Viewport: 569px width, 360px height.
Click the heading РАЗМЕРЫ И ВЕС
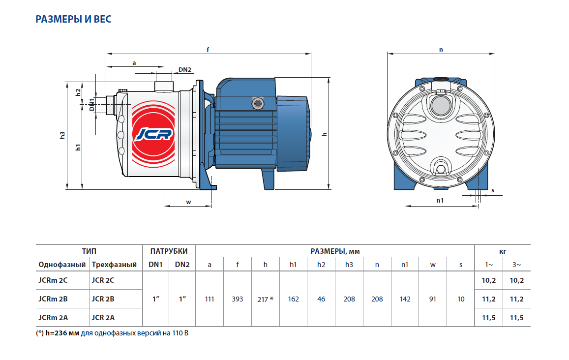coord(73,20)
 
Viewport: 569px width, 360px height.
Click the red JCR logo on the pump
coord(153,134)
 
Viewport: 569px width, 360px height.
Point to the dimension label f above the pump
coord(209,49)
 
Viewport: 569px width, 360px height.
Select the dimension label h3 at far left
coord(62,135)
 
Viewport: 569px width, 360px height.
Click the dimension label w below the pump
coord(188,202)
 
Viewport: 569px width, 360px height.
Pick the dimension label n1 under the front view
coord(440,201)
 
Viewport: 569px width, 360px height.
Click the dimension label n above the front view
coord(441,49)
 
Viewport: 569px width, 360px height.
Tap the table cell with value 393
coord(238,299)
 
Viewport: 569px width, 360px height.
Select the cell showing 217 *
coord(265,299)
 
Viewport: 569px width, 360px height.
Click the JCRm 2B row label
coord(53,299)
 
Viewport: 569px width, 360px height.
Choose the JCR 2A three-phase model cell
coord(102,318)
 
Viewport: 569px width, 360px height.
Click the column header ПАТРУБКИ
coord(169,251)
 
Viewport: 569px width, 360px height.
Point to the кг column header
coord(503,251)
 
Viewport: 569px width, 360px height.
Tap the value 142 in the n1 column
coord(405,299)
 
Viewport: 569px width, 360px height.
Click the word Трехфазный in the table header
coord(114,265)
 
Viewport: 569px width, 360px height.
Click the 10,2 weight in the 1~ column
coord(489,280)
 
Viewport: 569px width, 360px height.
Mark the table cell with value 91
coord(433,299)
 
